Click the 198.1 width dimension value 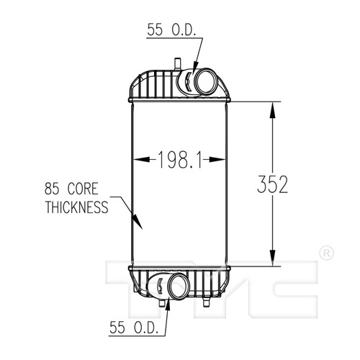click(179, 159)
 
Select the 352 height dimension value click(272, 184)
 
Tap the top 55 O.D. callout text click(171, 30)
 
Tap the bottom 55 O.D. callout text click(134, 328)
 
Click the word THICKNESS click(77, 207)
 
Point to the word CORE click(83, 189)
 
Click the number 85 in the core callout click(52, 189)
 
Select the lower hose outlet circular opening click(179, 286)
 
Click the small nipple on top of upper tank click(177, 63)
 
